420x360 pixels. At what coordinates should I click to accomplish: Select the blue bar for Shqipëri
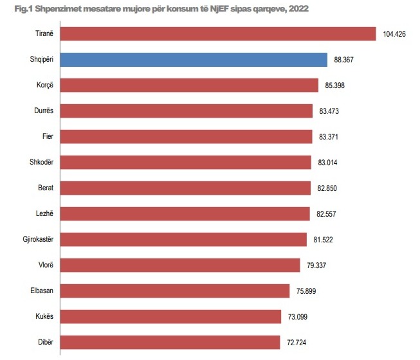(194, 59)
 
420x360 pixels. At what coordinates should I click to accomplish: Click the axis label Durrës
(42, 111)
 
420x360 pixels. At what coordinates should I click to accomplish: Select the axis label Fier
(46, 136)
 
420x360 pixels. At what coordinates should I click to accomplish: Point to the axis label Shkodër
(41, 162)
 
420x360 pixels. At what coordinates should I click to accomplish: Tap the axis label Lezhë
(43, 213)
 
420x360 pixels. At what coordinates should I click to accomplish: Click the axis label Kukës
(43, 316)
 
